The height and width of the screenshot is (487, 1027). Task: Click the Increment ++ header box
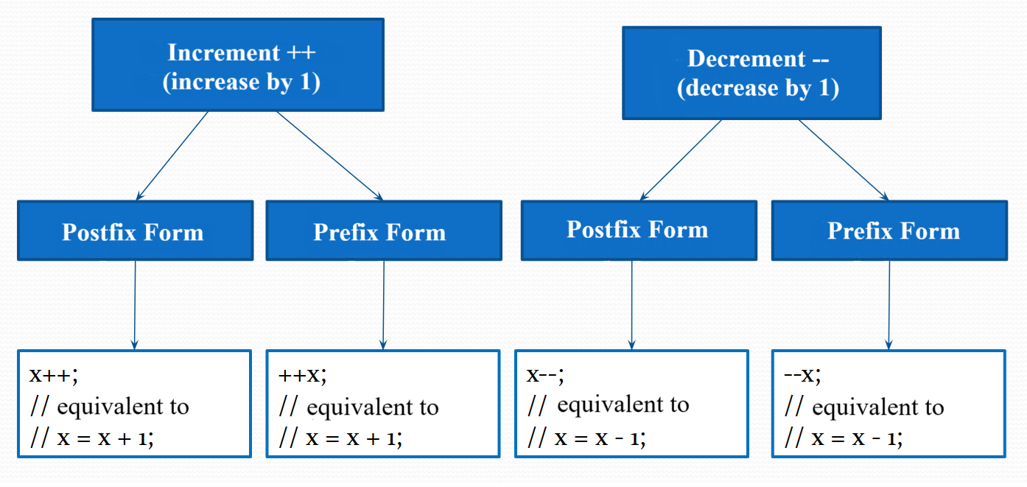tap(237, 65)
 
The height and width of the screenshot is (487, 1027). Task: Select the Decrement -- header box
tap(751, 72)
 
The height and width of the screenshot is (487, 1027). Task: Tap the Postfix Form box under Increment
tap(135, 231)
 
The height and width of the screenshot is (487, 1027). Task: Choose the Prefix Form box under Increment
tap(383, 231)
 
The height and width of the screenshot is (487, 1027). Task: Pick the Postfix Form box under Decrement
tap(638, 230)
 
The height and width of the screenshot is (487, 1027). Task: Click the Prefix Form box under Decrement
tap(888, 231)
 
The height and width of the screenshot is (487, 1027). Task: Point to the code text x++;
tap(53, 374)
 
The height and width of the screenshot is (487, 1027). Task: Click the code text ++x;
tap(302, 374)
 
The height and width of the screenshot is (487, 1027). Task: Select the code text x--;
tap(545, 374)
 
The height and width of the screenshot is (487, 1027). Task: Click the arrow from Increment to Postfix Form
tap(172, 155)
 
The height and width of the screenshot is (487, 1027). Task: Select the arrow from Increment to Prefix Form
tap(329, 155)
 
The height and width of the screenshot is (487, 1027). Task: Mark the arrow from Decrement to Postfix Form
tap(681, 159)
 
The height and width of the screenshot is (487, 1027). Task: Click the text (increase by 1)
tap(241, 81)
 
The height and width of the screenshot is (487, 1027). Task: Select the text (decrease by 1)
tap(757, 88)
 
